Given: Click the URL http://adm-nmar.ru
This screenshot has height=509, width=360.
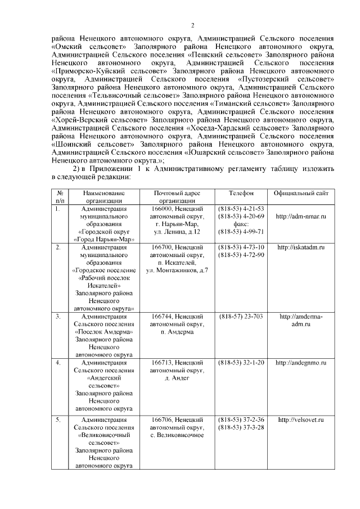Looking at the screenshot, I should coord(301,216).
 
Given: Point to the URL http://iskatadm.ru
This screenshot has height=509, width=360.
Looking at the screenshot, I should coord(301,247).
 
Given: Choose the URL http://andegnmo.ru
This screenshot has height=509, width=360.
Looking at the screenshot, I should coord(301,363).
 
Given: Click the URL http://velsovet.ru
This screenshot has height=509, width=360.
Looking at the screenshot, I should coord(301,420).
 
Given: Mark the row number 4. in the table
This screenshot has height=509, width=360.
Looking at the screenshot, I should coord(58,363).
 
